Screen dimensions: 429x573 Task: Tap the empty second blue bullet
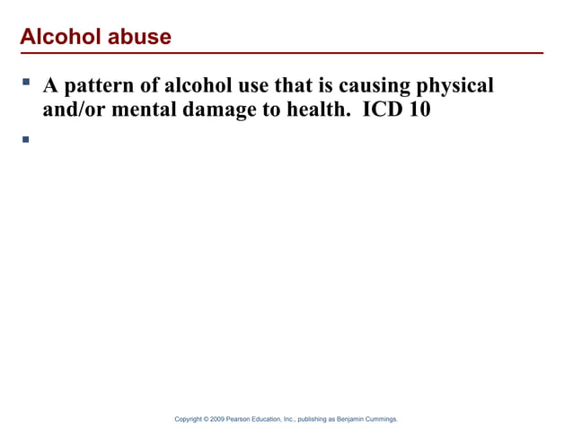point(26,139)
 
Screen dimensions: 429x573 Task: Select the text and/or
point(75,111)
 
